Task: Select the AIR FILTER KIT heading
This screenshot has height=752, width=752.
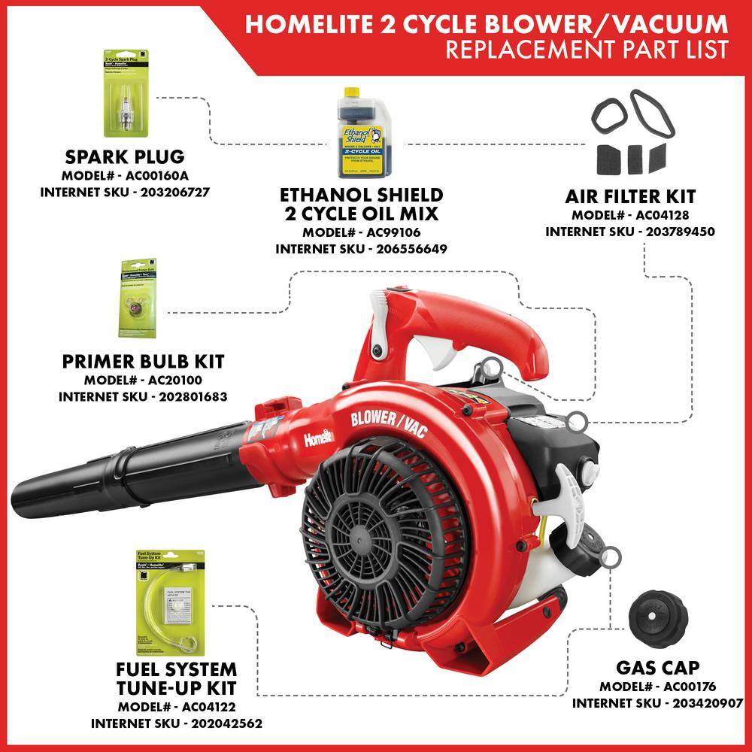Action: click(x=630, y=197)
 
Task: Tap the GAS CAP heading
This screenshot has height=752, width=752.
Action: click(x=657, y=668)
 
